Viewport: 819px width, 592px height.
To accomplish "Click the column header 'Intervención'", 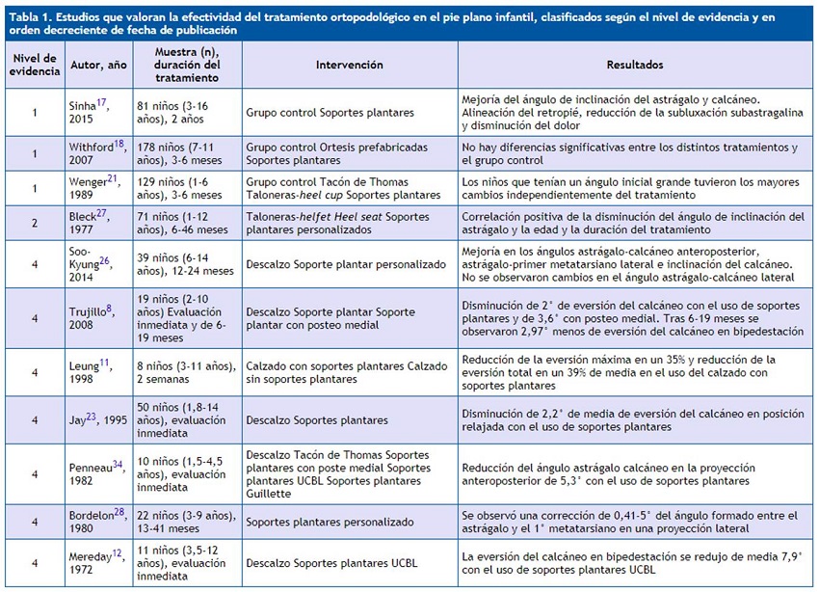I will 349,66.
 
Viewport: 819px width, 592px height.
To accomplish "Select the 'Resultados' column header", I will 634,66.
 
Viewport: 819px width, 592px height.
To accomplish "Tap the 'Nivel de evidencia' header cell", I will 34,66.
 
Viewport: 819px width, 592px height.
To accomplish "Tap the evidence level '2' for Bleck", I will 34,224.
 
